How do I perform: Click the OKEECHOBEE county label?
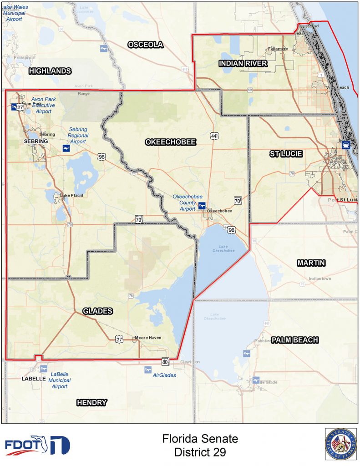point(171,142)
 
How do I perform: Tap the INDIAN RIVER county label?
point(243,64)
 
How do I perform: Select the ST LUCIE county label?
point(286,154)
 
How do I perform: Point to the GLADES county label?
point(98,311)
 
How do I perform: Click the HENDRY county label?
point(91,402)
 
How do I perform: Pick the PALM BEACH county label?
point(295,340)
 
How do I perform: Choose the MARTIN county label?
point(312,263)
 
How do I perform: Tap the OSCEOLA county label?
point(145,45)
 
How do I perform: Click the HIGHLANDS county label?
point(50,71)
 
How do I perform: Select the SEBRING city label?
point(36,142)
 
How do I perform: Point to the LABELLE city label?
point(34,379)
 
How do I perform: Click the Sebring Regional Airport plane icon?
point(66,149)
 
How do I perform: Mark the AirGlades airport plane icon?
point(147,370)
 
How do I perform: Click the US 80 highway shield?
point(165,362)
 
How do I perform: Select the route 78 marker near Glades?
point(131,296)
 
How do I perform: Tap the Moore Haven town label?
point(148,338)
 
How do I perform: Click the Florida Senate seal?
point(340,444)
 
